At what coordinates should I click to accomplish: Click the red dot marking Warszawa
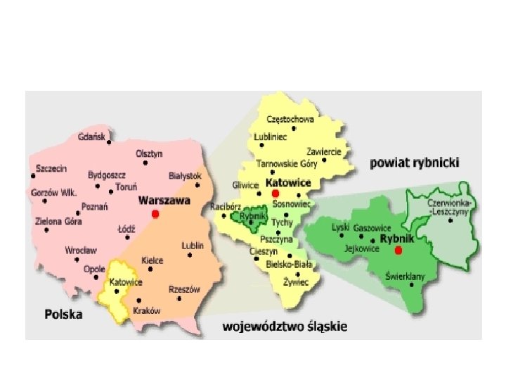156,213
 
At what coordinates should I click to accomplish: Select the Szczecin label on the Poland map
51,169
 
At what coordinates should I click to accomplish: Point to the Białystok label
186,175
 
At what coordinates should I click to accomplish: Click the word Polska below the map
63,315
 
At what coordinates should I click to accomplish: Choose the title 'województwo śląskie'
285,327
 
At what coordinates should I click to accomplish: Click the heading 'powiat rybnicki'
415,163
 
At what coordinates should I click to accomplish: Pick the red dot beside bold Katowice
275,193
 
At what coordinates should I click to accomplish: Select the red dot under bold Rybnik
398,251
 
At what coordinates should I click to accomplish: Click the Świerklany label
405,277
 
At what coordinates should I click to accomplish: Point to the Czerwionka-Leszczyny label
451,206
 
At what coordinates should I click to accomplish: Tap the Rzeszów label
185,289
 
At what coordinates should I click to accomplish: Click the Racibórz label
226,207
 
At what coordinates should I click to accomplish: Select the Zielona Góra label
58,221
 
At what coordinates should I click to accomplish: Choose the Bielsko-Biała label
290,265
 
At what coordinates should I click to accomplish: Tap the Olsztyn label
149,153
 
